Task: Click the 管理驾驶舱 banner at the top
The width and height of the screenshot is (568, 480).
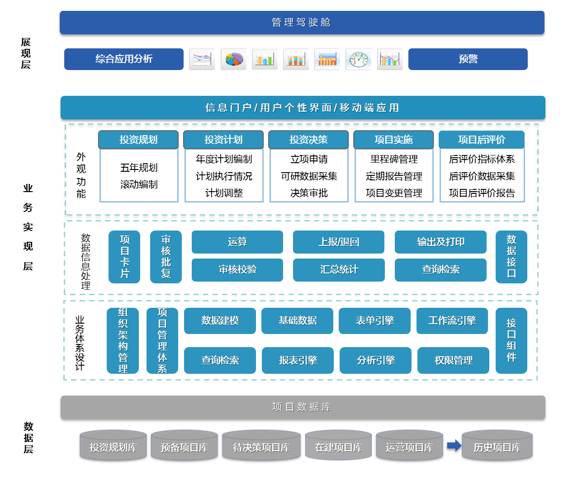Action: point(302,23)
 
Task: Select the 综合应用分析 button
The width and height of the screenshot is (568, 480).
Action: point(124,59)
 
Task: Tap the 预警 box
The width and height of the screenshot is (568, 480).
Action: point(468,59)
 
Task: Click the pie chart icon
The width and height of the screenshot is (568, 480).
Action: point(233,59)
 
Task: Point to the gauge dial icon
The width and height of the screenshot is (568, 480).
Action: point(358,59)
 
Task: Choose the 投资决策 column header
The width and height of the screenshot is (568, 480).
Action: point(308,140)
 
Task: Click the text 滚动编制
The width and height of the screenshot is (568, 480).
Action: point(139,184)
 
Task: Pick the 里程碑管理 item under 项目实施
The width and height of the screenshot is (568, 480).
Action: point(394,159)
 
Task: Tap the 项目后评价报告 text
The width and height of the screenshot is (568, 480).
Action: point(482,193)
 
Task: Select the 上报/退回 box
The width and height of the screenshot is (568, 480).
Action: point(339,242)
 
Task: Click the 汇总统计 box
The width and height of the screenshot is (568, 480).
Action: point(339,270)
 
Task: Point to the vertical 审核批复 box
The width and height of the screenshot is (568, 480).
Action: point(166,257)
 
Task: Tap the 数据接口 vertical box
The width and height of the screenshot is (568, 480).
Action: point(511,257)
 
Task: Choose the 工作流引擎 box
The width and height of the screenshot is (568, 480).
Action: point(452,321)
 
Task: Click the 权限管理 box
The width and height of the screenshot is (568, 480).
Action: point(453,360)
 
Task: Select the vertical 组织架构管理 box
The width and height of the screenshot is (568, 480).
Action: point(123,341)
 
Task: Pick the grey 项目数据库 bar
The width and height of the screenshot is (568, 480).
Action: point(303,407)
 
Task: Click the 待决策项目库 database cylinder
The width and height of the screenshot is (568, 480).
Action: point(261,447)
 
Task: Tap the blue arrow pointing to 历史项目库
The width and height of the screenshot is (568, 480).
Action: point(454,446)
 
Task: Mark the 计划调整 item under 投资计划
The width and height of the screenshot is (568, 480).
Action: point(224,193)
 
